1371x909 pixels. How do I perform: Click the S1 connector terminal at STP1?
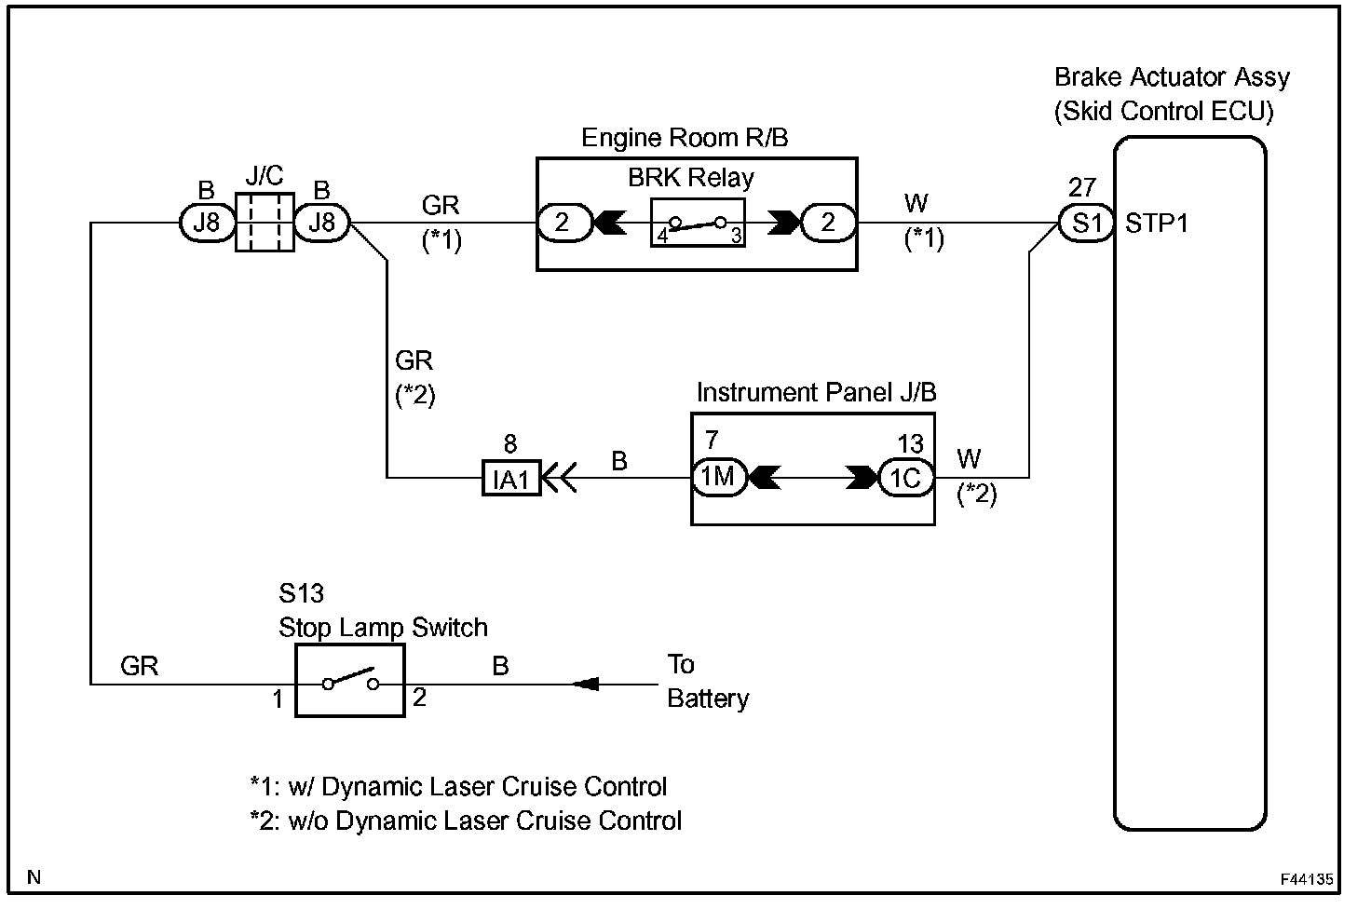coord(1086,224)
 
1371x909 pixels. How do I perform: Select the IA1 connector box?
coord(511,479)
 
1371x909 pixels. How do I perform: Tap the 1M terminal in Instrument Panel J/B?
coord(718,478)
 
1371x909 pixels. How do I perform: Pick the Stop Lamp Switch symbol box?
coord(350,684)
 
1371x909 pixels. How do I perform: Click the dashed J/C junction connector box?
coord(265,223)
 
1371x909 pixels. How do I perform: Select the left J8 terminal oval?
coord(206,224)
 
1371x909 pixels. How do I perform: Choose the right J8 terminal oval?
coord(321,224)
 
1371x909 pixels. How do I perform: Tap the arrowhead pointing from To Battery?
coord(585,685)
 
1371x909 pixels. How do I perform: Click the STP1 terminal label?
coord(1157,224)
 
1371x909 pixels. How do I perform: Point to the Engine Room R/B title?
coord(685,138)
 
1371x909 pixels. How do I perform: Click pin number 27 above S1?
coord(1082,188)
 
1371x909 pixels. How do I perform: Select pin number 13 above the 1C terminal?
coord(910,443)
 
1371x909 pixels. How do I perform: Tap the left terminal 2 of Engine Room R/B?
coord(563,224)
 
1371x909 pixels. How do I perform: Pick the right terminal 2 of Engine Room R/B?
coord(828,224)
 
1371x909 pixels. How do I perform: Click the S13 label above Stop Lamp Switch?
coord(301,593)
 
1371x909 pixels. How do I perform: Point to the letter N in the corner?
coord(34,876)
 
